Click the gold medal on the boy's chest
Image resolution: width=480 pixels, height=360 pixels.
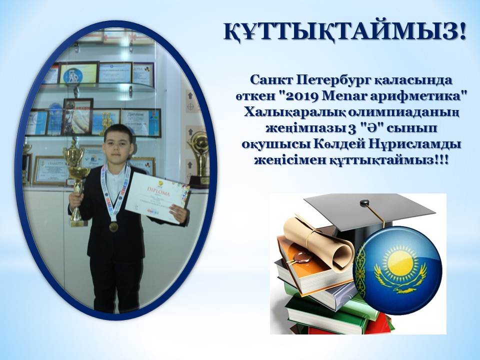[x=113, y=227]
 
